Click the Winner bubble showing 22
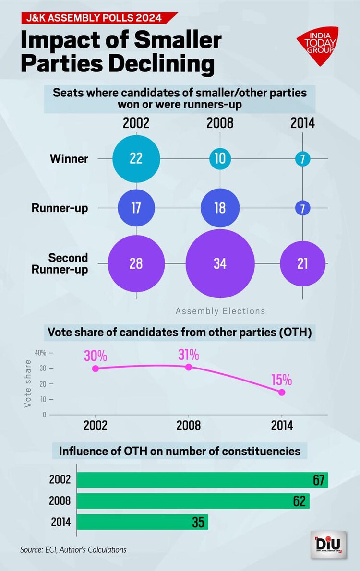coord(136,158)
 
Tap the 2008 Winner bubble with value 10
coord(220,158)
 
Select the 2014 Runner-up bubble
coord(302,208)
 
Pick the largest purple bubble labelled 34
coord(220,263)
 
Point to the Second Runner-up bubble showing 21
coord(302,263)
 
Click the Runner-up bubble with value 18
coord(220,208)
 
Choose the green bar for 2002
coord(202,480)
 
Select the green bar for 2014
coord(142,522)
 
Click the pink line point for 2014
coord(282,392)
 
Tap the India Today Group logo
coord(317,47)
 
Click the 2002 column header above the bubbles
coord(136,123)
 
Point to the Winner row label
coord(69,159)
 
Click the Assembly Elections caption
coord(220,311)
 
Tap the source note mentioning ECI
coord(73,549)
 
